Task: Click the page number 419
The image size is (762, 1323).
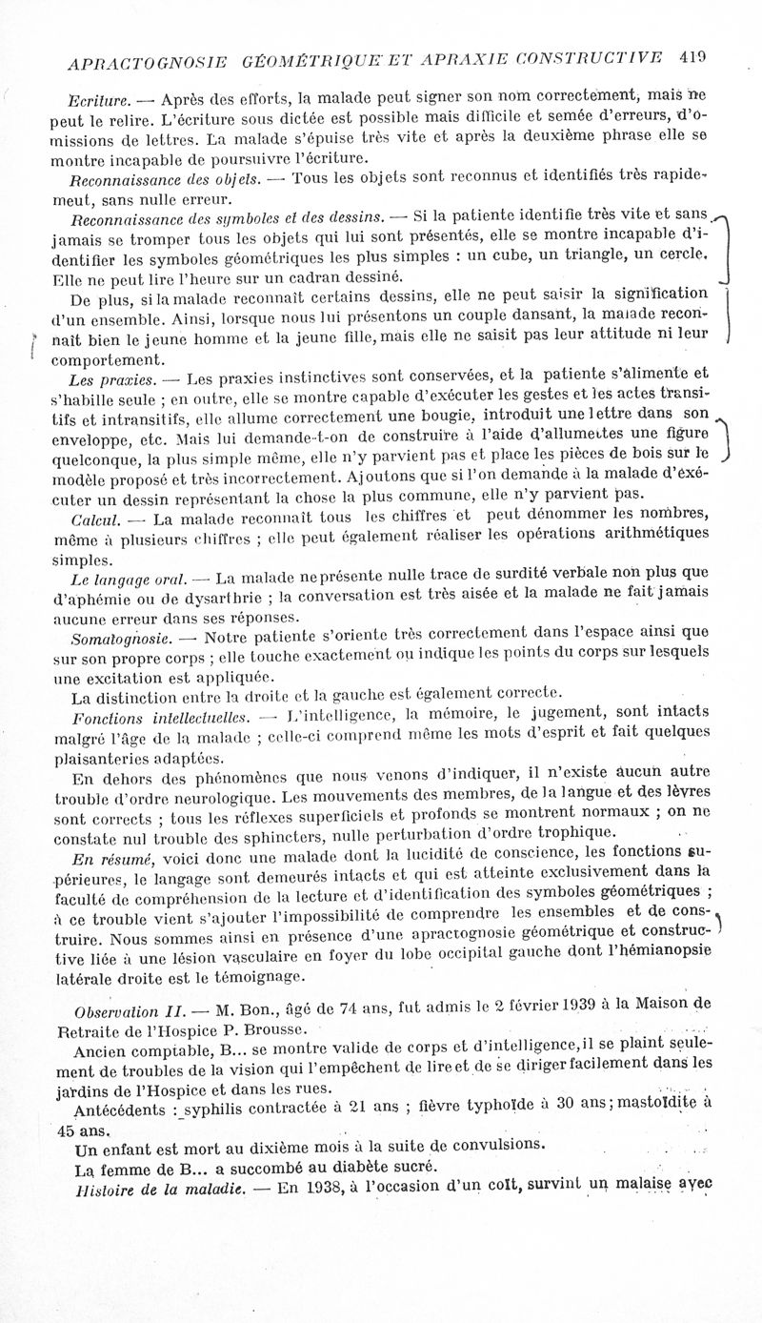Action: pos(692,57)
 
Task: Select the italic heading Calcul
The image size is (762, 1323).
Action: pos(95,519)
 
